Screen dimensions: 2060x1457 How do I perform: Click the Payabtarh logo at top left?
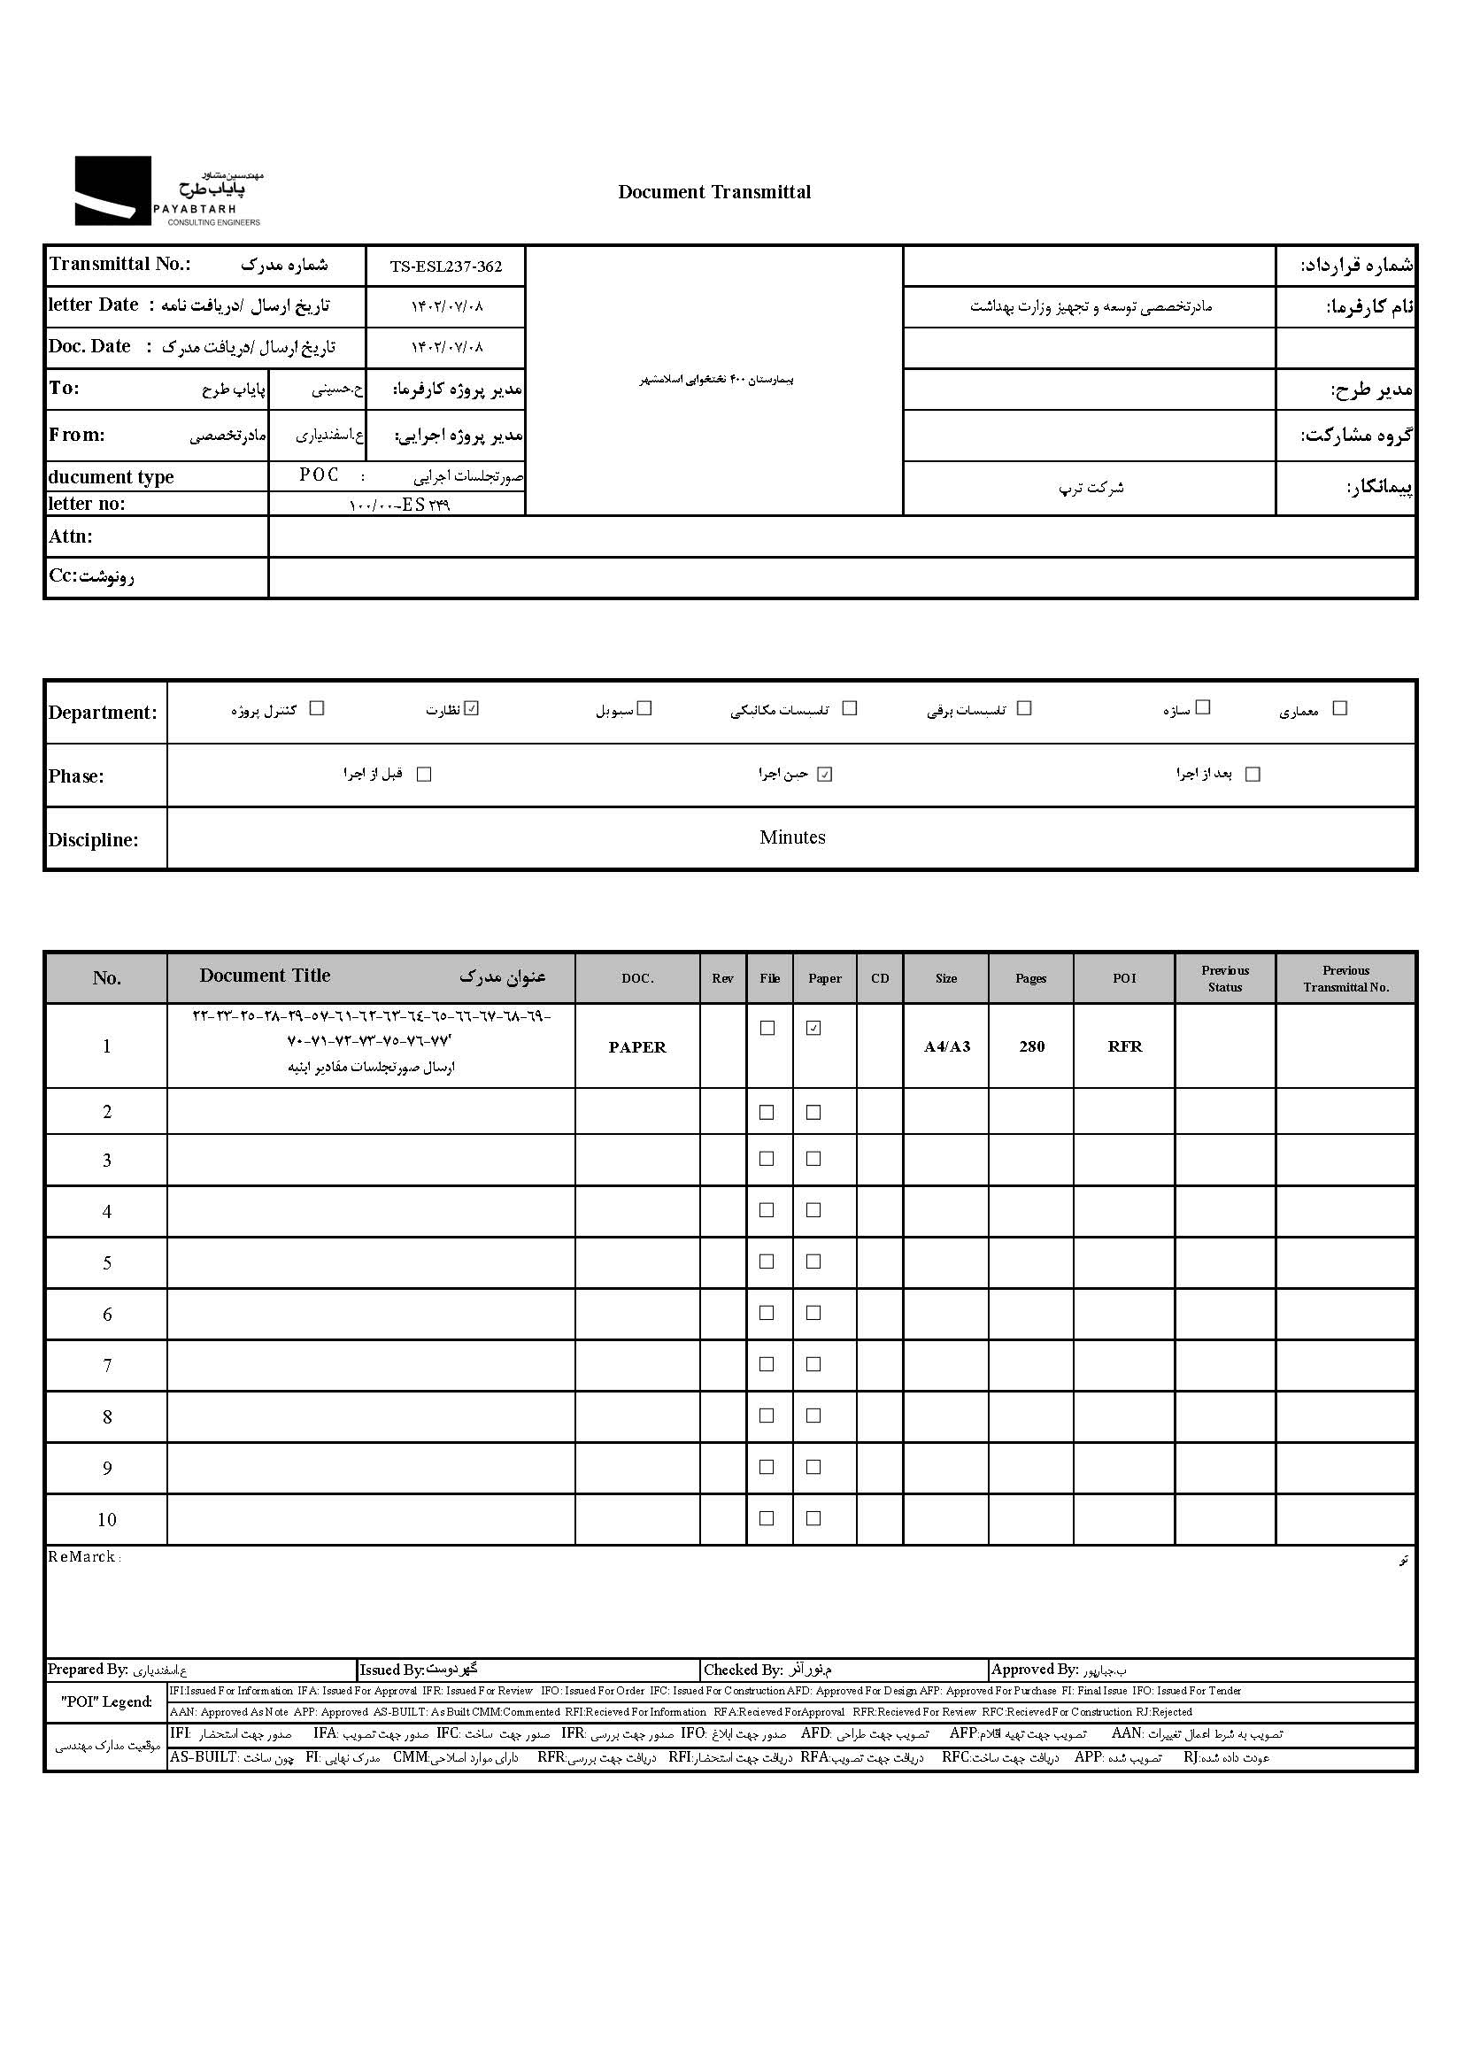167,191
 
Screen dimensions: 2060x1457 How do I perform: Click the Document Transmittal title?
714,192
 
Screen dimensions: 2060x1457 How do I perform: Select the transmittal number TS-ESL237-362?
446,266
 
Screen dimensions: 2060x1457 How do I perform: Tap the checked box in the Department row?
473,709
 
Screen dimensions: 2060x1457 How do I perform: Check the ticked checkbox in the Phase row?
824,775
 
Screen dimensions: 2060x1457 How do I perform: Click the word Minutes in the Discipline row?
792,837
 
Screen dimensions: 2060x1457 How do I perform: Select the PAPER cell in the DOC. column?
637,1047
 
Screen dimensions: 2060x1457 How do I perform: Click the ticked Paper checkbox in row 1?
813,1028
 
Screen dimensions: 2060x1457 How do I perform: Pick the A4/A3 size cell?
946,1047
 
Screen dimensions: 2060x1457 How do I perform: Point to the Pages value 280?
1032,1047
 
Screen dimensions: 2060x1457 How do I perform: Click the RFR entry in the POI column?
1124,1047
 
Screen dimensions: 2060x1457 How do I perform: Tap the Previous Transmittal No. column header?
1345,978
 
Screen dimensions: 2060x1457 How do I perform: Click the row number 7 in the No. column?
107,1366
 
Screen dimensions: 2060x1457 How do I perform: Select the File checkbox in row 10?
767,1519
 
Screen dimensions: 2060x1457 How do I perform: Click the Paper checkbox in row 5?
813,1261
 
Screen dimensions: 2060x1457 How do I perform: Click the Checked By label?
744,1670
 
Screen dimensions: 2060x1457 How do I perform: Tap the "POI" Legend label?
107,1702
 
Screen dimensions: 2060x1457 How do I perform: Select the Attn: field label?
71,536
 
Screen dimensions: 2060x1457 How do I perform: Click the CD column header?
880,978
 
